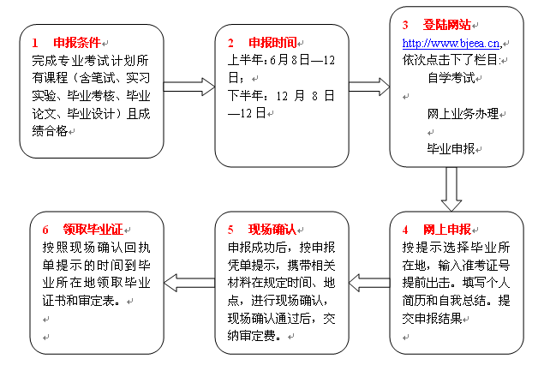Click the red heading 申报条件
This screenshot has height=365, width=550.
click(77, 43)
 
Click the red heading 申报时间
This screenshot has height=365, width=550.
click(272, 43)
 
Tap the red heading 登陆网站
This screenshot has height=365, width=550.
click(447, 25)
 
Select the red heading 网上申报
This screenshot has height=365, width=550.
click(447, 230)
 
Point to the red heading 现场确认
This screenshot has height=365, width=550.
click(272, 230)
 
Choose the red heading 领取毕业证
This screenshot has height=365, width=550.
click(93, 230)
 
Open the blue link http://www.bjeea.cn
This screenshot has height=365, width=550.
click(451, 43)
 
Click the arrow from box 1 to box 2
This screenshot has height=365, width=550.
click(189, 87)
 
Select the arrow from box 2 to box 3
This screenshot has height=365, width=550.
click(369, 87)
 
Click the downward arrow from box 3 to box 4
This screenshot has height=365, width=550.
click(451, 189)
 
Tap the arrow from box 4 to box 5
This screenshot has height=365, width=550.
click(369, 283)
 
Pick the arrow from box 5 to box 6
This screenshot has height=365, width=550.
click(189, 283)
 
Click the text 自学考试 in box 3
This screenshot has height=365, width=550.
click(451, 78)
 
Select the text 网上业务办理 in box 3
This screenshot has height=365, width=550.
click(463, 114)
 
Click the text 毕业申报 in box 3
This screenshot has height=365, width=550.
click(451, 149)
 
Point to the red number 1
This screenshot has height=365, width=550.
click(35, 43)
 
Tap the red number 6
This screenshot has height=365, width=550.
click(45, 230)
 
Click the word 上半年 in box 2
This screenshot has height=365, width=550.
click(246, 60)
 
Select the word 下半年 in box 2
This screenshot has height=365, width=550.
click(246, 96)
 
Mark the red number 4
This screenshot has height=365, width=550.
click(405, 230)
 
